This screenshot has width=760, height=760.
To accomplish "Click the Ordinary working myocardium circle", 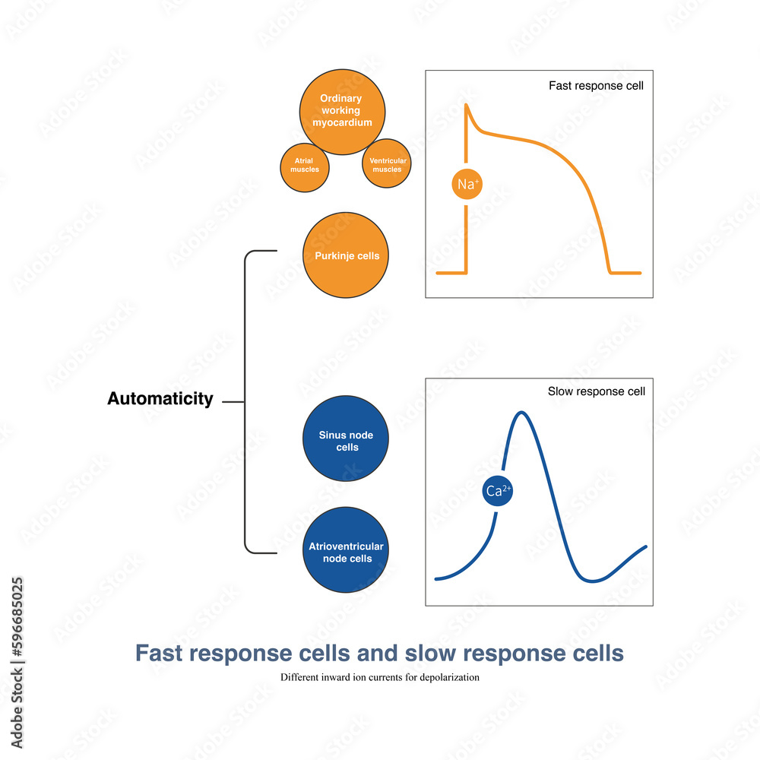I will click(341, 111).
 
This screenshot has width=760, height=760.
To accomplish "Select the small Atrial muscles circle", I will click(305, 165).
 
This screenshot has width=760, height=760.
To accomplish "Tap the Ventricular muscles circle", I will click(387, 165).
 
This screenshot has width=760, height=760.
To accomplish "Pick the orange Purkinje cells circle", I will click(347, 255).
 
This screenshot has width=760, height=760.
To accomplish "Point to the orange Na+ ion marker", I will click(466, 184).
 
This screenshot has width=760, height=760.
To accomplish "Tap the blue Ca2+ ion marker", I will click(499, 491).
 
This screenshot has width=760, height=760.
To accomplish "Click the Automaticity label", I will click(160, 399).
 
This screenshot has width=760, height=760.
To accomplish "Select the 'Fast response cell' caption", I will click(596, 86).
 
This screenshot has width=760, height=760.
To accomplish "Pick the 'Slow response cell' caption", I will click(596, 392).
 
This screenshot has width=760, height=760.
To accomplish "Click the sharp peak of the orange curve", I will click(466, 106).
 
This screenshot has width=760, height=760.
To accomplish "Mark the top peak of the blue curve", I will click(521, 413).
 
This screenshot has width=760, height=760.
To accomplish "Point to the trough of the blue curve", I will click(594, 581).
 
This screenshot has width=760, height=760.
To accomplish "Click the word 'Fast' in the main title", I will click(158, 654).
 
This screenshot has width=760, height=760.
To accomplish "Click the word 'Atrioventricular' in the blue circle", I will click(347, 546).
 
